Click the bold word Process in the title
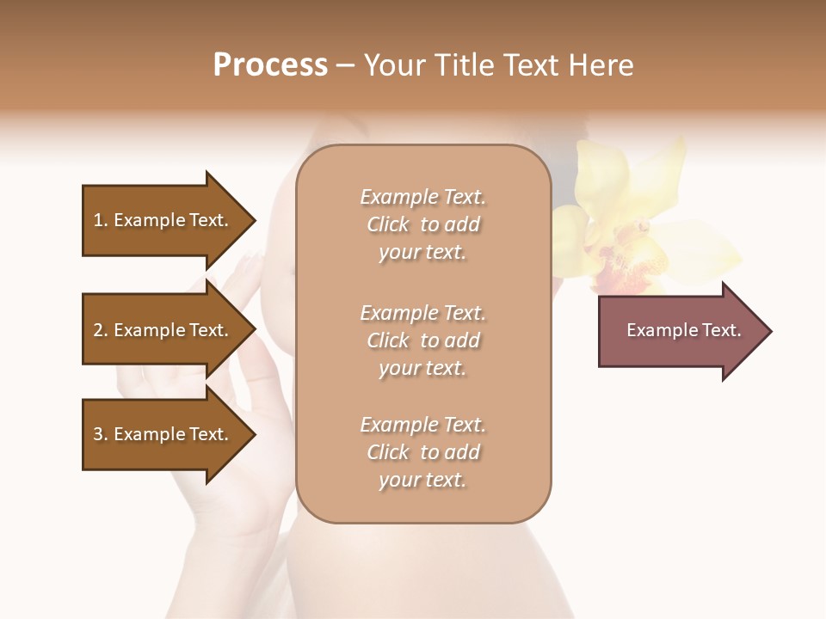(270, 65)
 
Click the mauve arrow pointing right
(680, 331)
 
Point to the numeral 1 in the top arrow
(98, 220)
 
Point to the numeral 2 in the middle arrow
(98, 330)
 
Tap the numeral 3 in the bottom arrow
(98, 434)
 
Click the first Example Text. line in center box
(422, 197)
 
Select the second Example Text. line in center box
(422, 313)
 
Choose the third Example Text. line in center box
(422, 425)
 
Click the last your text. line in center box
(422, 481)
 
